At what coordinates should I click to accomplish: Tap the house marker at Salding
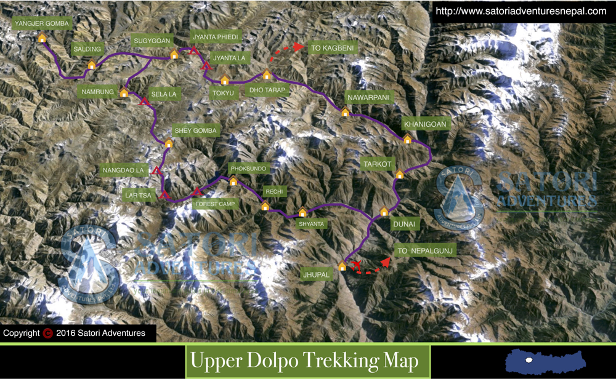click(92, 65)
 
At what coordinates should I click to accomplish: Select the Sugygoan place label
click(152, 41)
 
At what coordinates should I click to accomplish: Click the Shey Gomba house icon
click(168, 143)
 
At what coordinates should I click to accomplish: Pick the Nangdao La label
click(123, 170)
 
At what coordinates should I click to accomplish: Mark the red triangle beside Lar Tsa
click(164, 195)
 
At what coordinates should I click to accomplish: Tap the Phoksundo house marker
click(233, 182)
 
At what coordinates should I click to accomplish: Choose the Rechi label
click(274, 192)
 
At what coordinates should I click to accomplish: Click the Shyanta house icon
click(302, 213)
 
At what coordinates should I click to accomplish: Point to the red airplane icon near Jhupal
click(355, 265)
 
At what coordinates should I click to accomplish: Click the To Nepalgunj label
click(425, 251)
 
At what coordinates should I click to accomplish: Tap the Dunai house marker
click(384, 212)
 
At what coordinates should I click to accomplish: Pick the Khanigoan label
click(425, 124)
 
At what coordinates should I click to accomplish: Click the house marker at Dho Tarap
click(267, 75)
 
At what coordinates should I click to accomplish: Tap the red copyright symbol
click(47, 333)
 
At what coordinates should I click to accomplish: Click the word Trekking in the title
click(328, 361)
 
